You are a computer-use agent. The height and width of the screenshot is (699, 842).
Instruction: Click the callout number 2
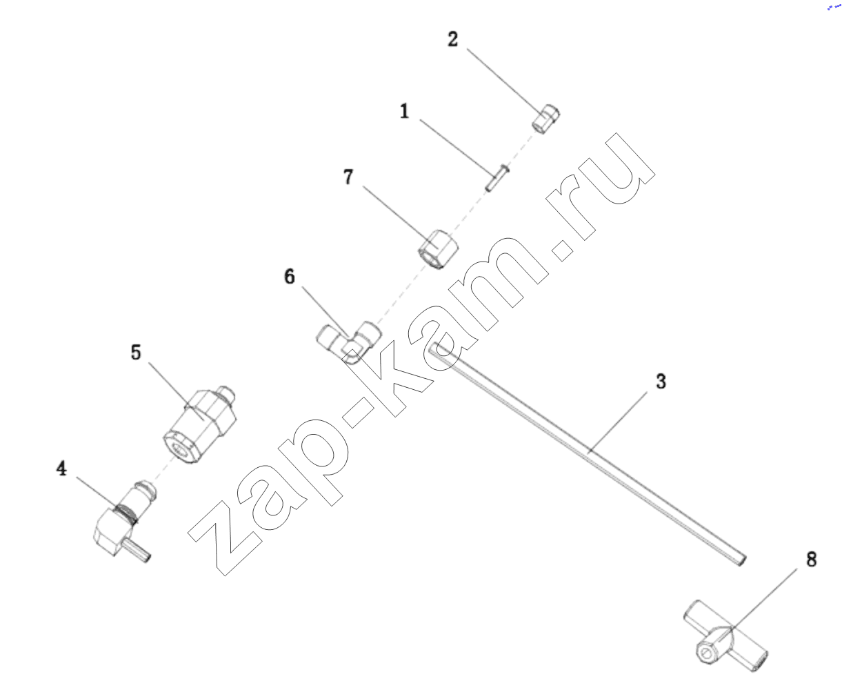coord(453,39)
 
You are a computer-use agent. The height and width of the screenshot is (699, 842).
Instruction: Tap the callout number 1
coord(405,110)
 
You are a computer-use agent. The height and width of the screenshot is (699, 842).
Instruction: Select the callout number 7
coord(348,177)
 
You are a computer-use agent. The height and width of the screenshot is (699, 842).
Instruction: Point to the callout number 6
coord(290,277)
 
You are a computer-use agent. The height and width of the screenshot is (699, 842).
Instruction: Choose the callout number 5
coord(136,352)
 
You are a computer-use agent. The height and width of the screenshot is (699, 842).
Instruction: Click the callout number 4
coord(61,468)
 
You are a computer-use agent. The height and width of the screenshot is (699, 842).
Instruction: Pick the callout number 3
coord(661,382)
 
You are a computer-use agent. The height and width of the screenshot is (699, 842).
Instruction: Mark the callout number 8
coord(812,560)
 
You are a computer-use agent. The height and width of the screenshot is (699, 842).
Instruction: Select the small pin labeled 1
coord(497,177)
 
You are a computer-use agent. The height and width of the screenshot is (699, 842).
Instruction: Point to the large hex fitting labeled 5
coord(199,425)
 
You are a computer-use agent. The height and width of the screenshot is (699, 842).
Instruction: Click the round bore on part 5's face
coord(179,448)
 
